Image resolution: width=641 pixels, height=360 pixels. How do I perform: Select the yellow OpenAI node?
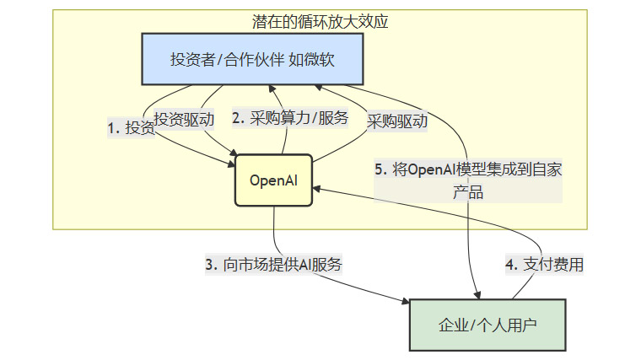pyautogui.click(x=273, y=180)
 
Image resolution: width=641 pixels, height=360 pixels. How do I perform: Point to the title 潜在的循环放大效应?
pyautogui.click(x=320, y=20)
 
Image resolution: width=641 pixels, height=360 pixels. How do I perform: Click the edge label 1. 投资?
pyautogui.click(x=131, y=127)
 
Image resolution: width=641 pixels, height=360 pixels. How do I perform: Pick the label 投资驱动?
pyautogui.click(x=183, y=120)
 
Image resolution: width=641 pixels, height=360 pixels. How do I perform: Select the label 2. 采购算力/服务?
pyautogui.click(x=290, y=118)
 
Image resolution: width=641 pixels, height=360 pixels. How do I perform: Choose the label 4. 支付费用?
pyautogui.click(x=544, y=264)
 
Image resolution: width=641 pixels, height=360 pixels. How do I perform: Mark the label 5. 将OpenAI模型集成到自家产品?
pyautogui.click(x=468, y=180)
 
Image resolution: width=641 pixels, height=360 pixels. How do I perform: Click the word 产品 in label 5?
pyautogui.click(x=468, y=192)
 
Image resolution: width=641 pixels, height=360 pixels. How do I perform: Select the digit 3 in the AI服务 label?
pyautogui.click(x=209, y=264)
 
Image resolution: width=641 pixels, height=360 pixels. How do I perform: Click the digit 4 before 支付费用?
pyautogui.click(x=509, y=264)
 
